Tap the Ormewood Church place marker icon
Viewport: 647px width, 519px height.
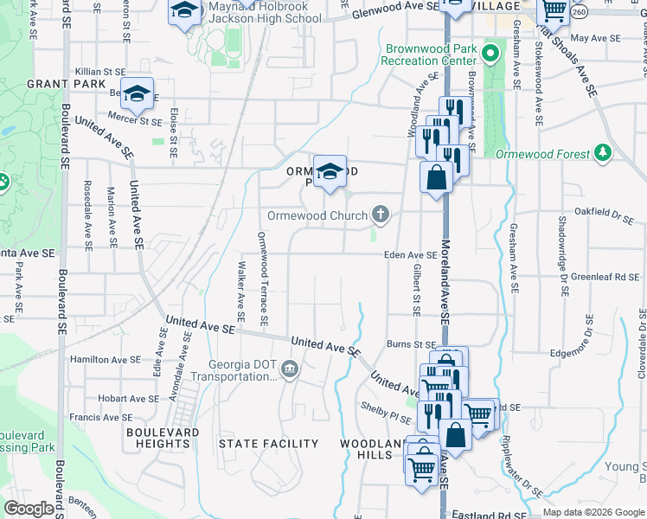(x=380, y=214)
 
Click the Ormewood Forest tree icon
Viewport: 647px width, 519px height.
(x=603, y=154)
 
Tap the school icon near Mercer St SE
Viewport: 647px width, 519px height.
(x=137, y=94)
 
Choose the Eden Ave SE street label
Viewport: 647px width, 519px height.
(x=411, y=255)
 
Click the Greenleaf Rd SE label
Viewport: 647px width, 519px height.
(x=607, y=278)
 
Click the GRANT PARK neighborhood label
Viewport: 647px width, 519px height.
(x=54, y=84)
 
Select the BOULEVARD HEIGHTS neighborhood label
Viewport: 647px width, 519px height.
(x=163, y=438)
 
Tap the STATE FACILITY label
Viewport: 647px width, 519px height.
(x=268, y=444)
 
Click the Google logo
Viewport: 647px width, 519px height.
(x=29, y=509)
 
